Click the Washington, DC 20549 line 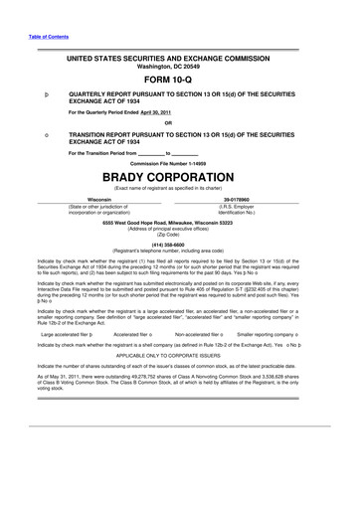[x=179, y=67]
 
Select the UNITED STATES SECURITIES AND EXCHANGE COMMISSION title [x=179, y=59]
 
